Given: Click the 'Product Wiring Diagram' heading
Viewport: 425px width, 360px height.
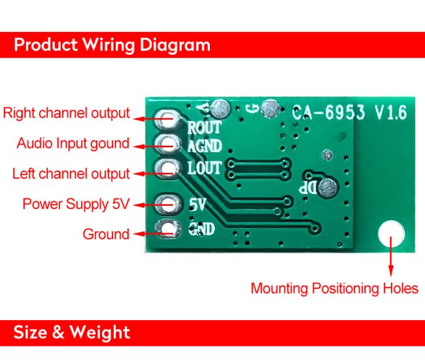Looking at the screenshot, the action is coord(112,44).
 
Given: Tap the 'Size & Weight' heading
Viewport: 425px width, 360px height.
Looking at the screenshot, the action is coord(71,333).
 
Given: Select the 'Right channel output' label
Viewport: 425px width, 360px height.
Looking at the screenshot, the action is coord(66,113).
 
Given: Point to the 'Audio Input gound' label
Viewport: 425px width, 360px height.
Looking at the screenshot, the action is coord(73,143).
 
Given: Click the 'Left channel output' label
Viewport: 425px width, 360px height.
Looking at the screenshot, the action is coord(71,174).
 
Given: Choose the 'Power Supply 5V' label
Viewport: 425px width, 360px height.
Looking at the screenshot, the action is coord(76,204).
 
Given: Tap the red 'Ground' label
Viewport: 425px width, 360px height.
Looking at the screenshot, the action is coord(106,234).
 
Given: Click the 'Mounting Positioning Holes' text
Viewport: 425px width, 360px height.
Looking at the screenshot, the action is coord(334,288).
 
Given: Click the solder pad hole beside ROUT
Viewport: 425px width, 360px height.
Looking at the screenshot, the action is coord(168,120).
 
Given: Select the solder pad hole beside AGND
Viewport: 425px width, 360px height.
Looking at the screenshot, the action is coord(168,144).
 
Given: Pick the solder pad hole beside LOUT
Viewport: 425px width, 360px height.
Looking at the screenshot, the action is coord(168,168).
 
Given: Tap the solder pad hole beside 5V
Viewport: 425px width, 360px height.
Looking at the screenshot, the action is coord(168,204).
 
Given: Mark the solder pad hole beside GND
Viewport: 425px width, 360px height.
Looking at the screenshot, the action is coord(168,229).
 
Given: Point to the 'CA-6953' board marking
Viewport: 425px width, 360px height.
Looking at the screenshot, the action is coord(328,112).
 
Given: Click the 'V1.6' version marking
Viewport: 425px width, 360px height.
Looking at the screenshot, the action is coord(391,112).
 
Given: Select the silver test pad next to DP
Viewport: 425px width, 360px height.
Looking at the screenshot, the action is coord(328,188).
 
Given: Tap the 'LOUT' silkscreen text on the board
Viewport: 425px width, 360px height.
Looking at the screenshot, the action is coord(205,168).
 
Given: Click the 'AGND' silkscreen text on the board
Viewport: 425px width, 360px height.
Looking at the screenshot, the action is coord(205,146).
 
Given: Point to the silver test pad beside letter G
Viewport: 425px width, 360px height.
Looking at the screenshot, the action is coord(270,108).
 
